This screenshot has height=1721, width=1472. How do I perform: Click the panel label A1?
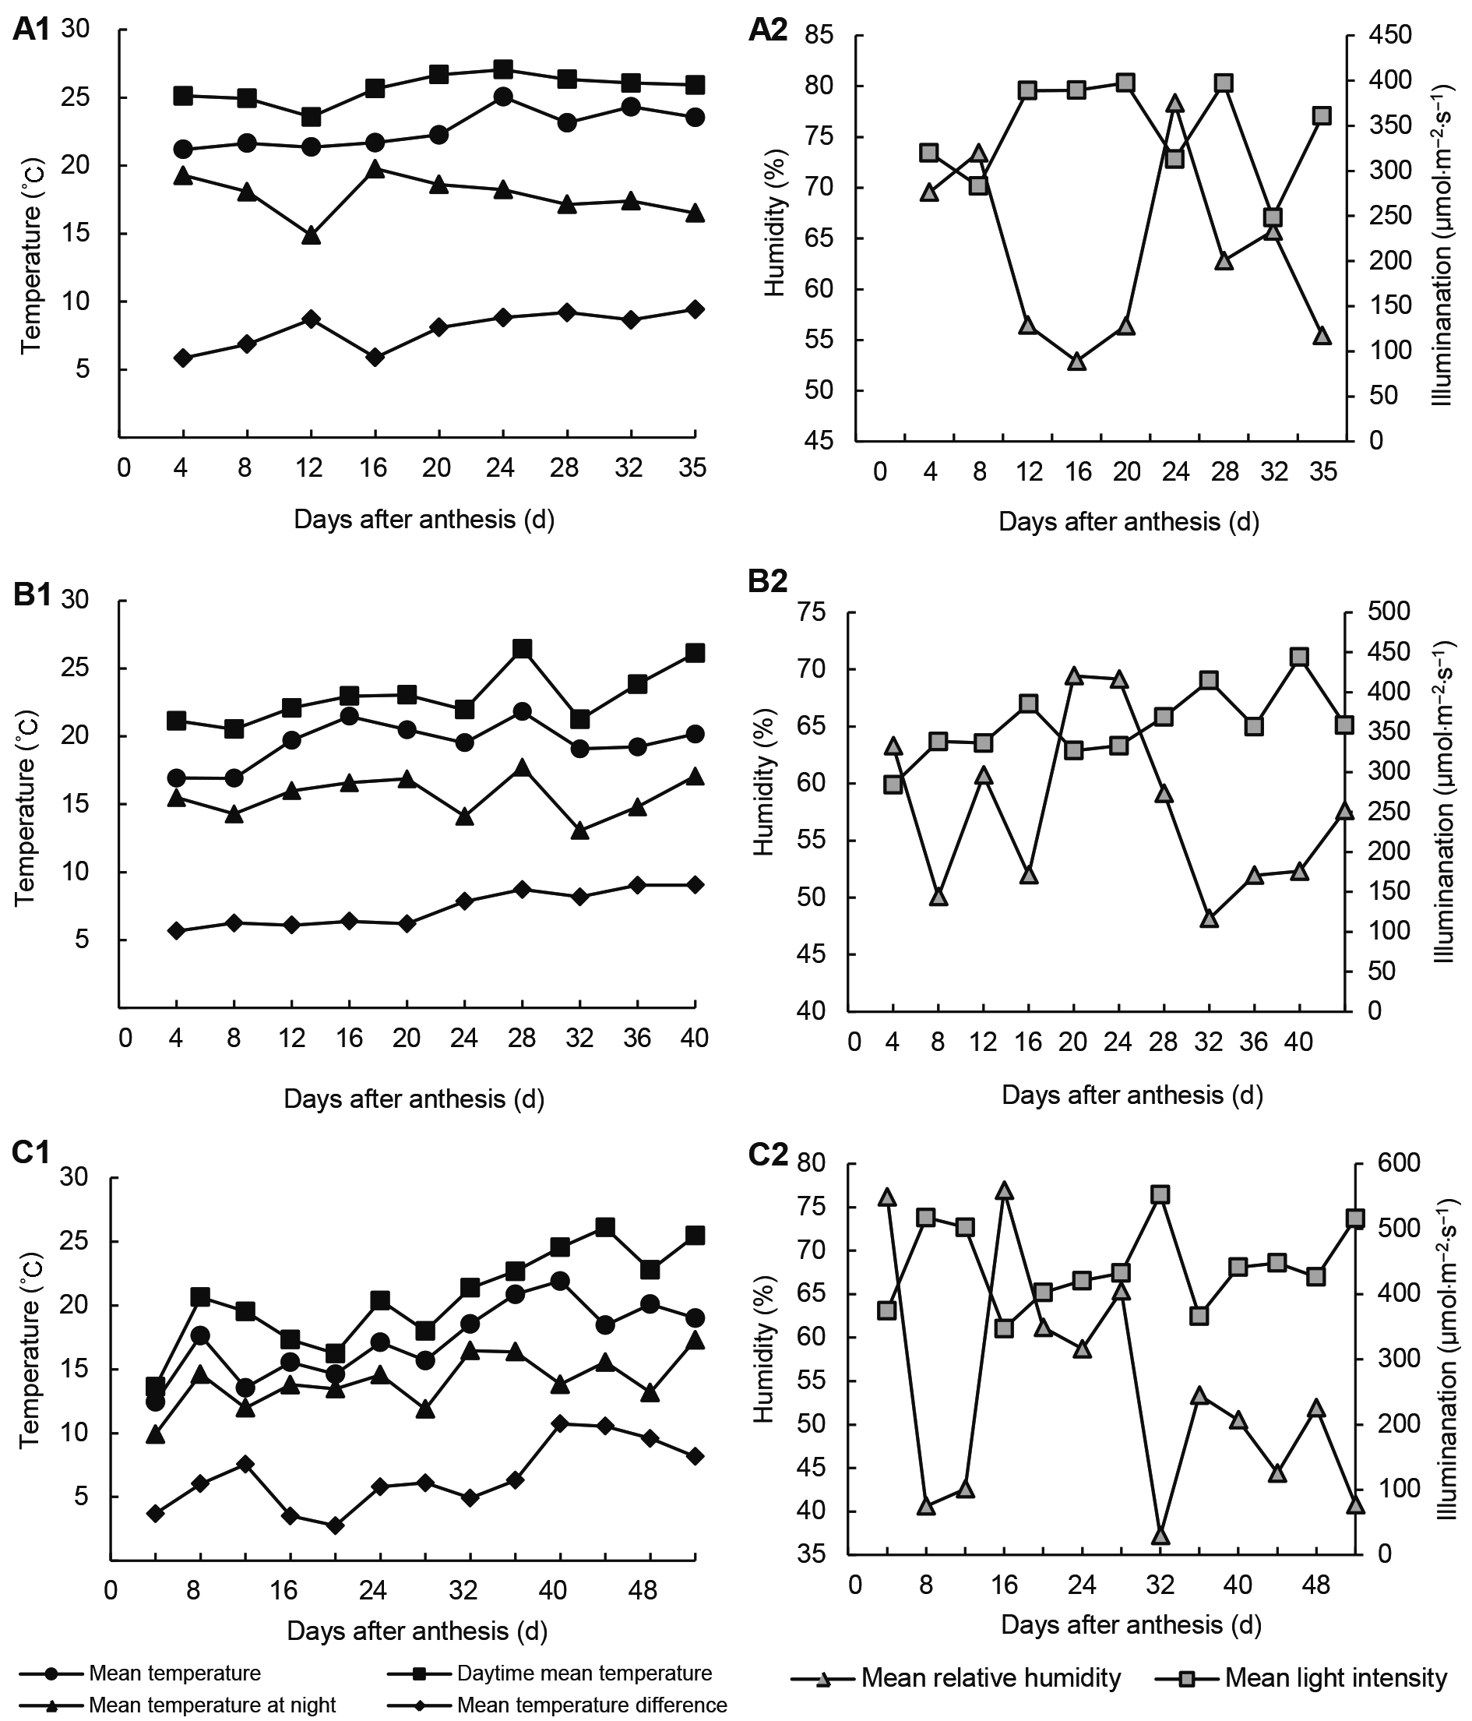[33, 30]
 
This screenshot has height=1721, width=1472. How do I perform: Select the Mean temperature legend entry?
[174, 1673]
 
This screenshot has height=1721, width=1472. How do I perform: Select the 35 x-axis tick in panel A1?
[692, 468]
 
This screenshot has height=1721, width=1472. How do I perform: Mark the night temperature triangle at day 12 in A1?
[312, 236]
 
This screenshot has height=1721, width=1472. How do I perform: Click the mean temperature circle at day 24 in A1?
[502, 97]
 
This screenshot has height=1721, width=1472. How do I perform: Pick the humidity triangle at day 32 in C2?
[1160, 1536]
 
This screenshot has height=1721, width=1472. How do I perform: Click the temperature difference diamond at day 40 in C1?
[559, 1423]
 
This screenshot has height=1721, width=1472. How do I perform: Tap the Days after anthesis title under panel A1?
[424, 520]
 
